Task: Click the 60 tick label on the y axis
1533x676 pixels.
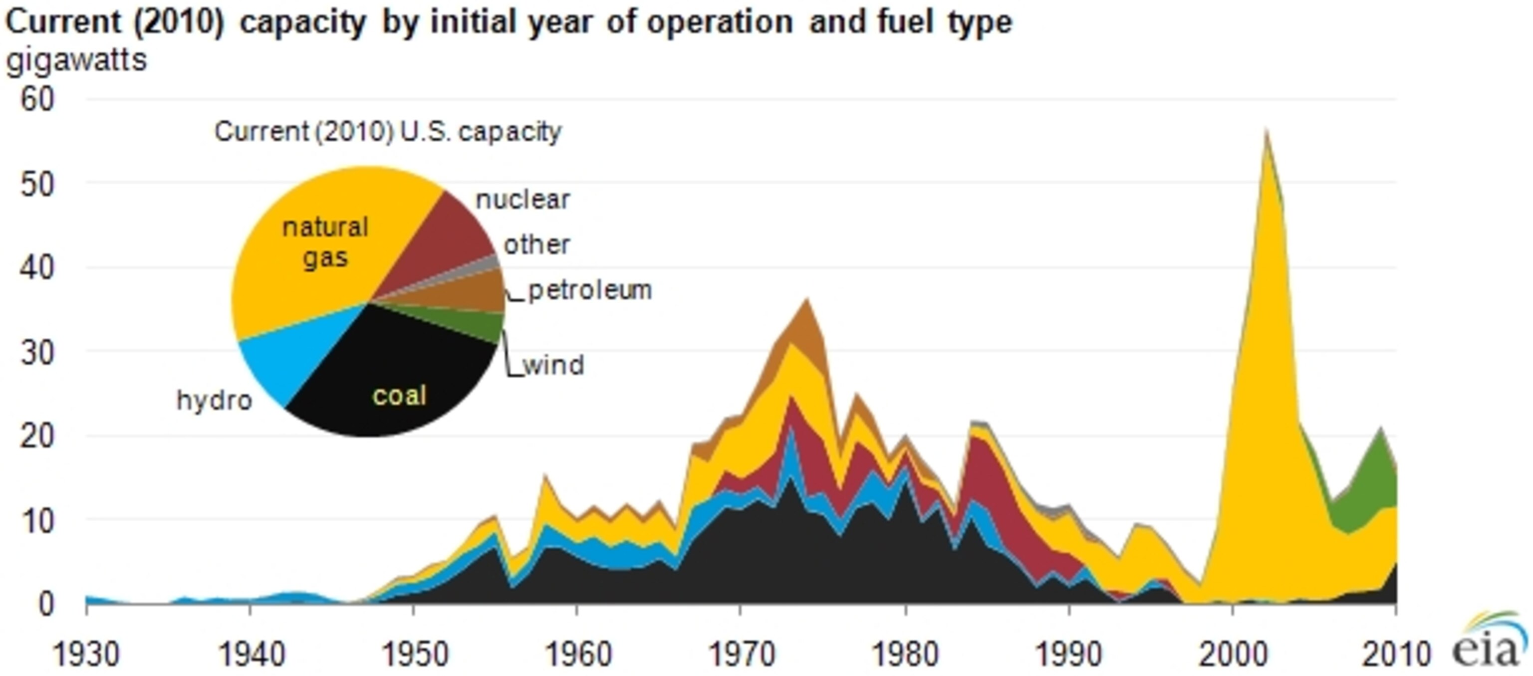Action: [x=37, y=99]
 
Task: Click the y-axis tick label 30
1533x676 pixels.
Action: [x=37, y=353]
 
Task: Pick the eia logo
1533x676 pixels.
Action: [x=1488, y=643]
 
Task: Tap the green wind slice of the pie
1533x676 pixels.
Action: [x=476, y=324]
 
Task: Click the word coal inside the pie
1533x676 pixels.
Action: [x=399, y=395]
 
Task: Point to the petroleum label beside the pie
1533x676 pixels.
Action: [x=590, y=290]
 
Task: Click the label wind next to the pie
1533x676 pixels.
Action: [x=554, y=365]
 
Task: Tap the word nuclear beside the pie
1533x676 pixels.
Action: [x=523, y=200]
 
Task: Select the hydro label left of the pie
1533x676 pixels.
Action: [x=214, y=401]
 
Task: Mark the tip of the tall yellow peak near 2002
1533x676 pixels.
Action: [x=1267, y=131]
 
